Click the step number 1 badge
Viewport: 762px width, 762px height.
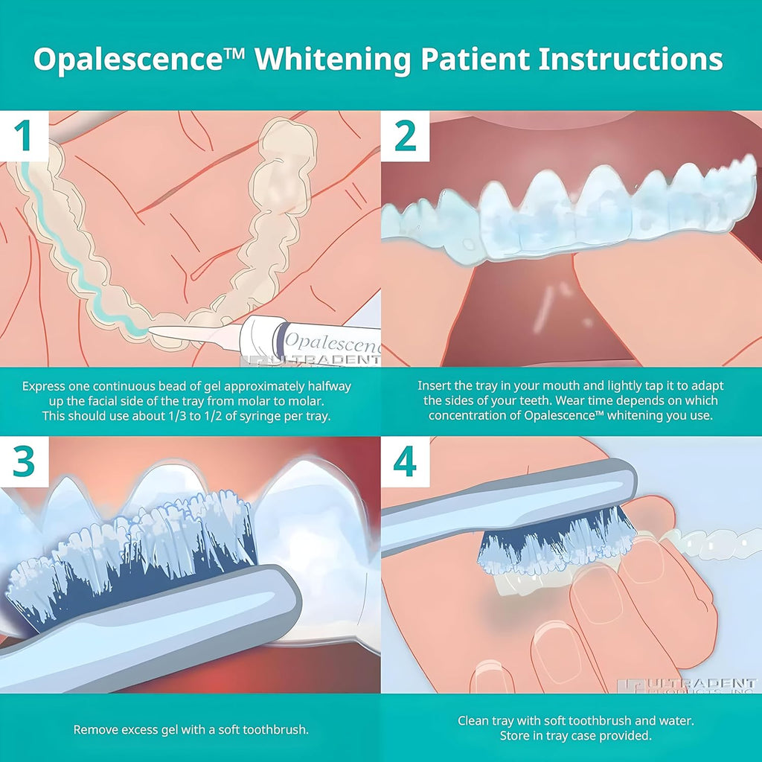tap(25, 137)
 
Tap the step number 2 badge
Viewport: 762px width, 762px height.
tap(406, 137)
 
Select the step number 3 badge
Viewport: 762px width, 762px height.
tap(25, 462)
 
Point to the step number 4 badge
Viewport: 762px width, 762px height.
tap(406, 462)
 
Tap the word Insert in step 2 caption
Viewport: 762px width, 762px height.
tap(435, 386)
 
